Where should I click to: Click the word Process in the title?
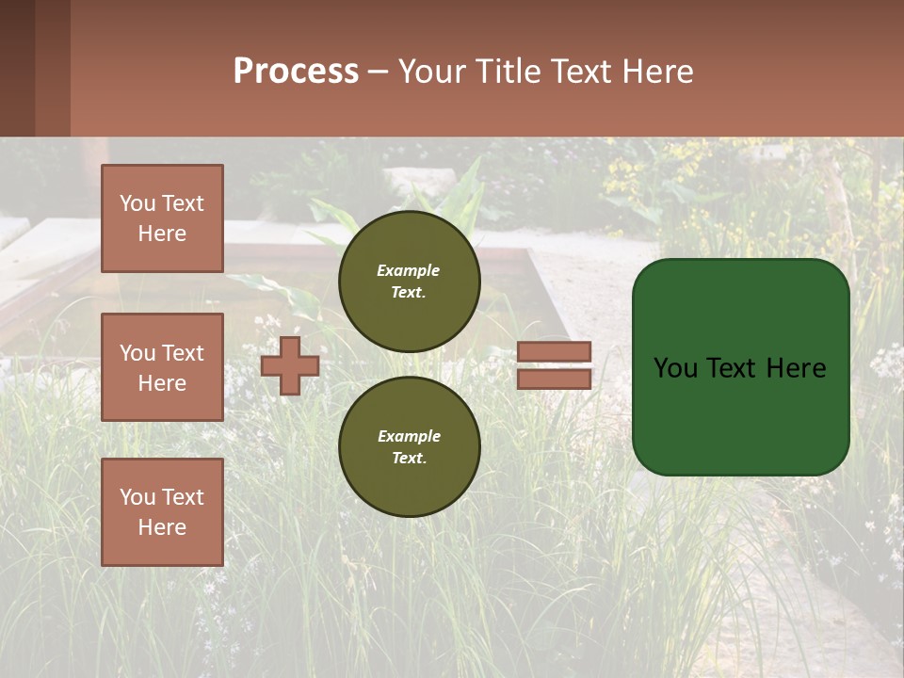pyautogui.click(x=296, y=72)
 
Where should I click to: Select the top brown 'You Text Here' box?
pyautogui.click(x=162, y=218)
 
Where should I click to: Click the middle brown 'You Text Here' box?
pyautogui.click(x=162, y=367)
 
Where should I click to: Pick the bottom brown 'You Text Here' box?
pyautogui.click(x=162, y=511)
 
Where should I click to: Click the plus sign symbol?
pyautogui.click(x=290, y=365)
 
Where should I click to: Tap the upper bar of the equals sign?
pyautogui.click(x=555, y=352)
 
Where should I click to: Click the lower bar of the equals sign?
pyautogui.click(x=555, y=379)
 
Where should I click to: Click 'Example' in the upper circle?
pyautogui.click(x=409, y=270)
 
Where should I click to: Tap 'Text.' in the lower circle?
pyautogui.click(x=409, y=458)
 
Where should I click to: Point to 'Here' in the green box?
pyautogui.click(x=795, y=368)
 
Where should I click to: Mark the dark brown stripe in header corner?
pyautogui.click(x=17, y=68)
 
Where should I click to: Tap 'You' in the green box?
pyautogui.click(x=675, y=368)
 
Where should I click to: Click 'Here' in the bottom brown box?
pyautogui.click(x=162, y=527)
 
